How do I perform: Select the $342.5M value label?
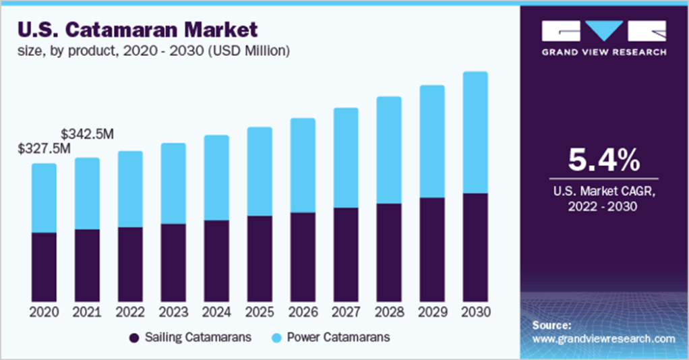pos(87,134)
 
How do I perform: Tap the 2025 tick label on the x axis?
pos(260,312)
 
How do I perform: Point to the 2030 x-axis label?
pos(475,312)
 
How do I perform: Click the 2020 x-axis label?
pos(44,312)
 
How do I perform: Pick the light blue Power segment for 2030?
pos(475,132)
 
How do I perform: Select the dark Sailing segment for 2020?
pos(44,267)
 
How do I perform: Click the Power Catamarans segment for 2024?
pos(216,177)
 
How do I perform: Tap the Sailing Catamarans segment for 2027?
pos(346,254)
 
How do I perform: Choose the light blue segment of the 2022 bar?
pos(130,189)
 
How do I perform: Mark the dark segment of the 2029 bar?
pos(432,249)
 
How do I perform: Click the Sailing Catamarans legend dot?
pos(133,336)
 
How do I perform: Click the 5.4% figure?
pos(602,161)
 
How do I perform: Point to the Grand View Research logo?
pos(604,38)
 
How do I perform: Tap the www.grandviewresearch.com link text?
pos(603,338)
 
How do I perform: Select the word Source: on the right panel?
pos(551,325)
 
